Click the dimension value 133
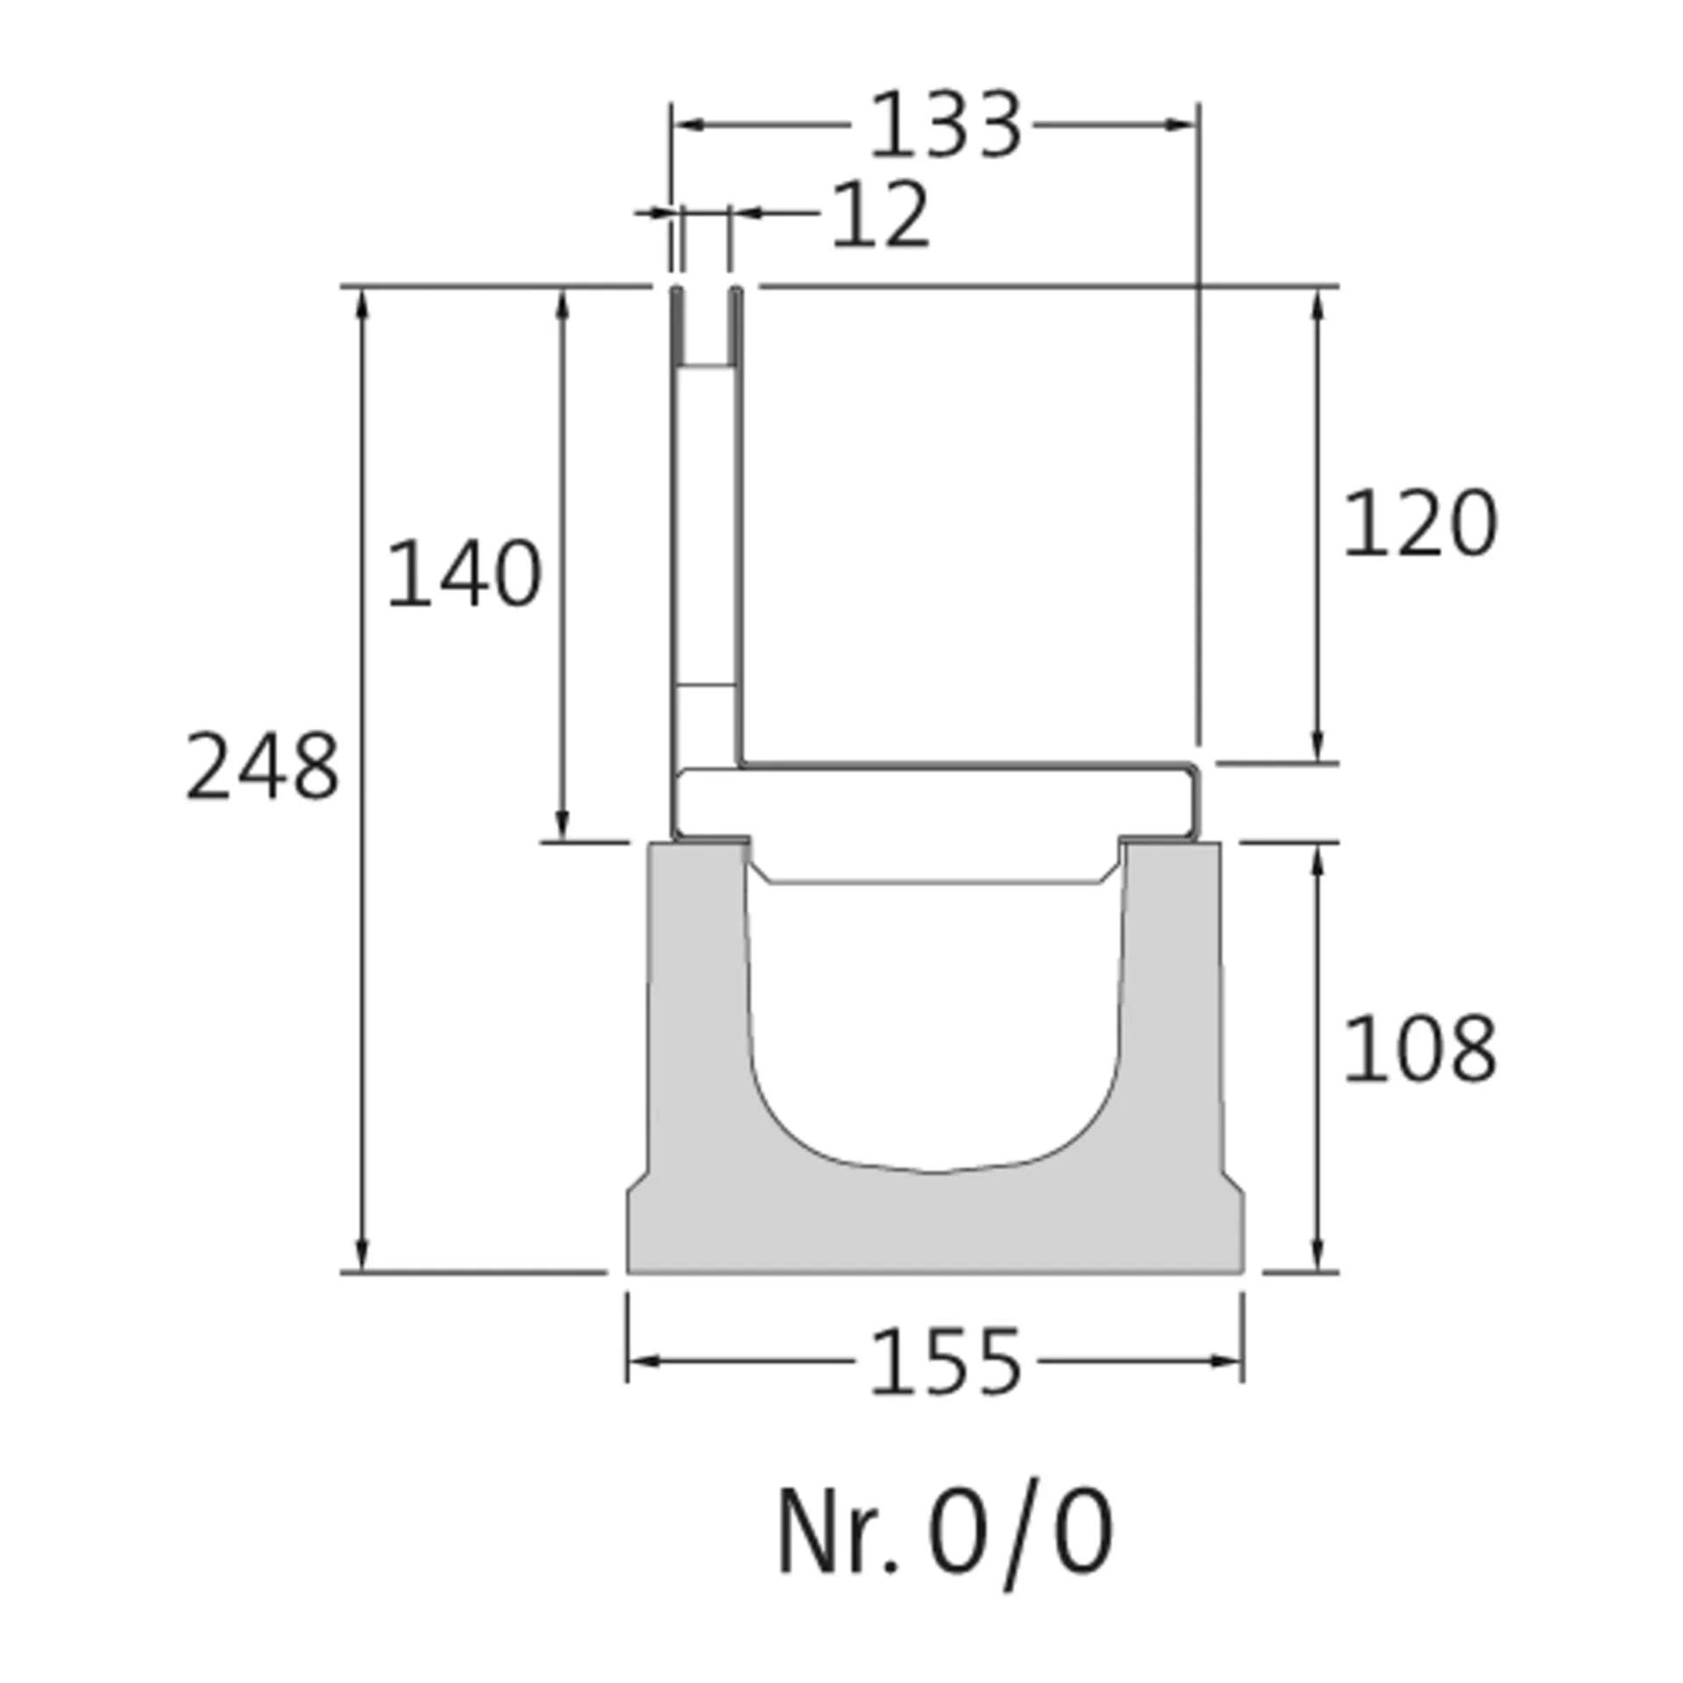[x=945, y=125]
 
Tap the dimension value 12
[x=879, y=215]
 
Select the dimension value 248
[x=262, y=768]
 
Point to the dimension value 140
[x=464, y=574]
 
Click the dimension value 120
[x=1419, y=523]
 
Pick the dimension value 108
[x=1419, y=1048]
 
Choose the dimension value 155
[x=945, y=1362]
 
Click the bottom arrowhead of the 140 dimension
[x=562, y=826]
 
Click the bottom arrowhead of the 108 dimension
[x=1317, y=1255]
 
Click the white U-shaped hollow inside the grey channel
[x=934, y=1026]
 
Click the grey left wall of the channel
[x=697, y=1008]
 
